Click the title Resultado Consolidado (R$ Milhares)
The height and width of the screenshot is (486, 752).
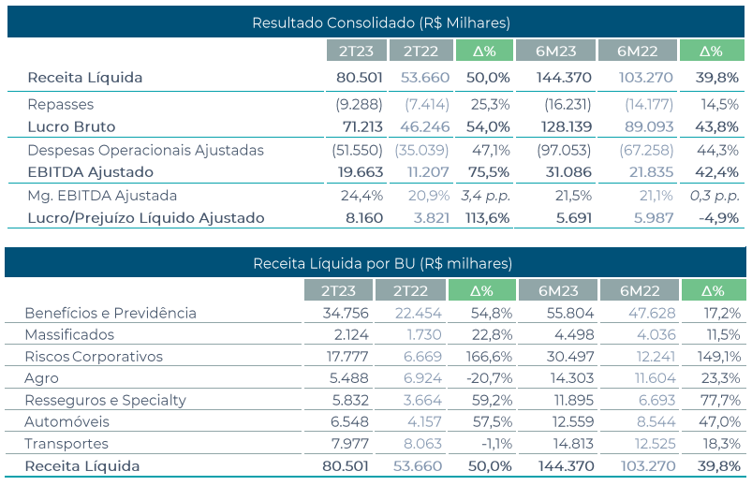point(380,22)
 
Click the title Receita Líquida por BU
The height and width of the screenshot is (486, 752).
point(382,264)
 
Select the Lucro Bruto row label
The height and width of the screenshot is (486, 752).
point(71,126)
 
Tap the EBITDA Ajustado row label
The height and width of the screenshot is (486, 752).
point(90,172)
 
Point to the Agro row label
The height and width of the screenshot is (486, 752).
point(41,378)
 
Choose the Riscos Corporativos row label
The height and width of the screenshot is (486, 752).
point(94,357)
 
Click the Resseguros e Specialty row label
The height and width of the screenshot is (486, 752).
point(106,400)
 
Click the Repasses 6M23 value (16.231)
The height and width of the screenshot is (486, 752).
point(567,104)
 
